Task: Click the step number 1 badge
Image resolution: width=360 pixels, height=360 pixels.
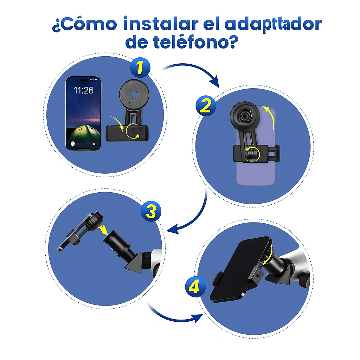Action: pos(140,67)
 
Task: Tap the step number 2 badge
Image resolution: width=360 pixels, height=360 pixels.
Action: pos(206,105)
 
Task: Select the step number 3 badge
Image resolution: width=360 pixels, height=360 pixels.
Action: pos(151,211)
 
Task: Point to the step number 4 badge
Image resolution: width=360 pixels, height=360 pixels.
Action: pos(195,287)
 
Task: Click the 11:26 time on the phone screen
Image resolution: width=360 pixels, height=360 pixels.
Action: pos(83,90)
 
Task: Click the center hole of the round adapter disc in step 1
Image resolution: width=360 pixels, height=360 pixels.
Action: pos(134,94)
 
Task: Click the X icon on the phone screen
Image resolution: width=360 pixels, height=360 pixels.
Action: pos(94,144)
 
